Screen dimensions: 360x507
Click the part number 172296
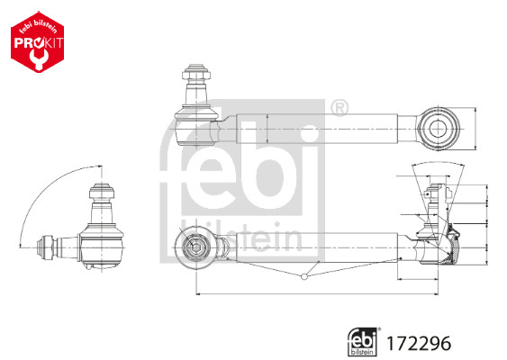(418, 342)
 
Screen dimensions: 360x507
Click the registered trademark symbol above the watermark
(340, 110)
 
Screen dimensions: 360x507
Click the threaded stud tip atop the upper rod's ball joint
(196, 69)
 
